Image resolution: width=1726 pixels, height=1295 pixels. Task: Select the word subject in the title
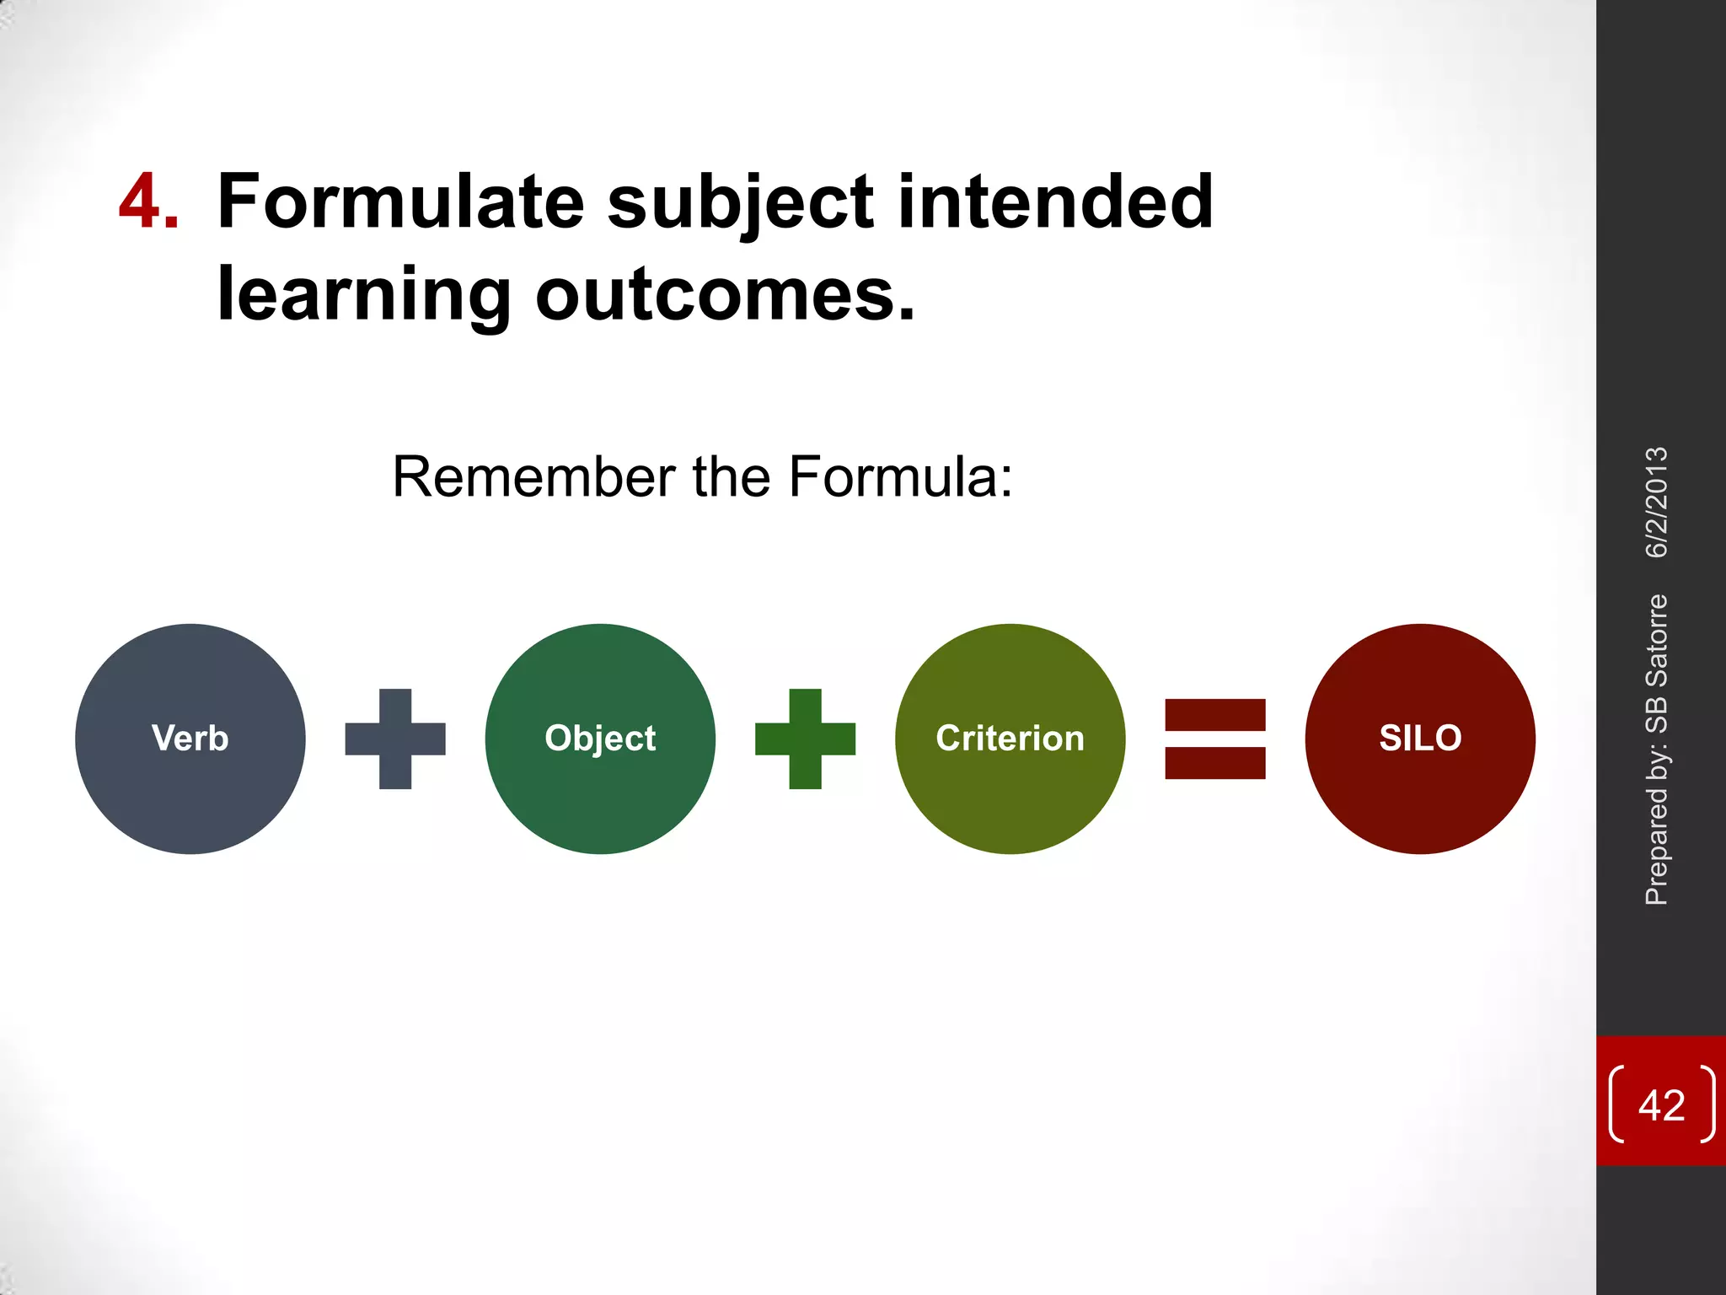point(740,203)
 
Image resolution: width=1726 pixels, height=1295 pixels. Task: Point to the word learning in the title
point(363,294)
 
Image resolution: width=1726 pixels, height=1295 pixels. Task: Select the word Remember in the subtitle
point(533,477)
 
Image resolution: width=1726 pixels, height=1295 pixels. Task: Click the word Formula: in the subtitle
point(900,477)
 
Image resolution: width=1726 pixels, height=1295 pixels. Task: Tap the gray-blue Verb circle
point(190,739)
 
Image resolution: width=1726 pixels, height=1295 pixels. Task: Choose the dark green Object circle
point(600,739)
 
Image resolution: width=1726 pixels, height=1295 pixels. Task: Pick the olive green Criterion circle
point(1010,739)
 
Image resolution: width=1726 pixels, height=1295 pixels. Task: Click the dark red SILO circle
point(1420,739)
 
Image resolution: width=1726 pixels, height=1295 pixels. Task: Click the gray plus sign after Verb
point(395,739)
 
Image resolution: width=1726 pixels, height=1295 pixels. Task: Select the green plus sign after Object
point(805,739)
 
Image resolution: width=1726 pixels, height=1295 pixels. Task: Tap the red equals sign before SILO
point(1214,739)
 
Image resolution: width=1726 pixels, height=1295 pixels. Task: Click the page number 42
point(1661,1104)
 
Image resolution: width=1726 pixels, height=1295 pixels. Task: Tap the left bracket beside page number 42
point(1616,1104)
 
